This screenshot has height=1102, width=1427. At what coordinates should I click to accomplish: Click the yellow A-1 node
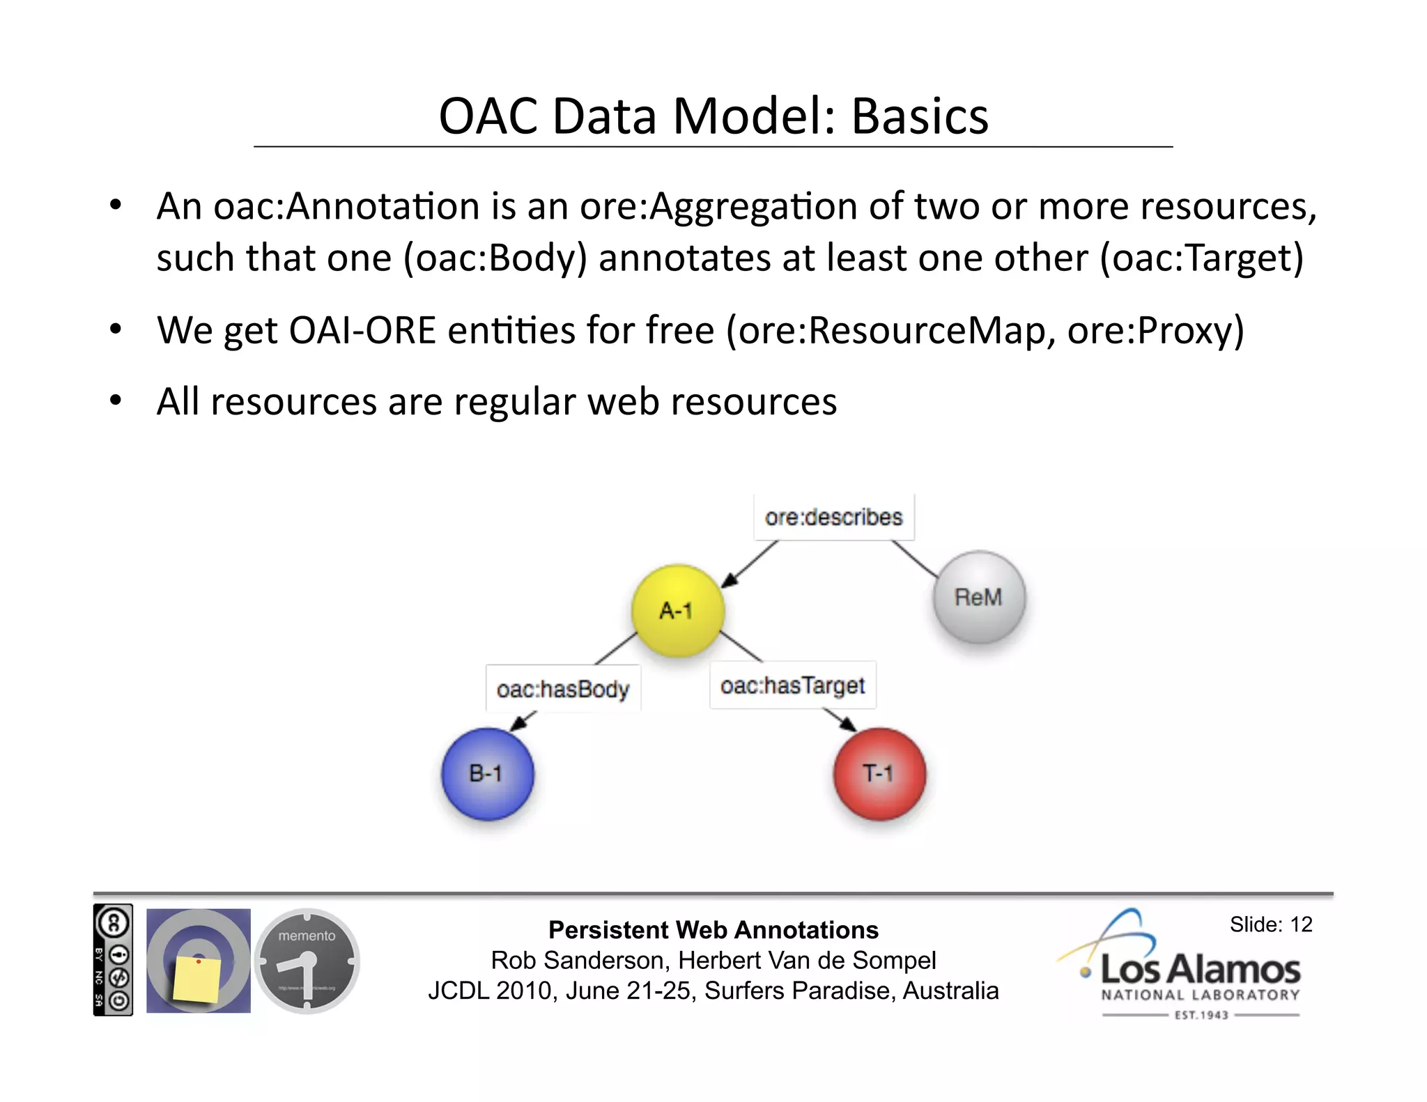[x=677, y=611]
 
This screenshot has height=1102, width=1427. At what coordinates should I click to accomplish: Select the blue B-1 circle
[x=487, y=773]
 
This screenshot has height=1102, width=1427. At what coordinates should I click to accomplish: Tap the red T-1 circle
[x=879, y=773]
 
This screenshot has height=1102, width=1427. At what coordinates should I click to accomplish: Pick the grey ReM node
[x=979, y=597]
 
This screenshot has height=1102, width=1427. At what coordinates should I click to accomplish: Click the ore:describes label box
[x=833, y=517]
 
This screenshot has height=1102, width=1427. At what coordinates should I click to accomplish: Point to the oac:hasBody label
[x=563, y=689]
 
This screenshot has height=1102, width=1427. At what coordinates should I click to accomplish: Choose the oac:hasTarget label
[x=792, y=685]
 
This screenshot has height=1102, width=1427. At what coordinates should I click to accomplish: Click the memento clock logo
[x=307, y=961]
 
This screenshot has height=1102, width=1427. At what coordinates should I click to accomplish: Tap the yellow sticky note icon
[x=197, y=979]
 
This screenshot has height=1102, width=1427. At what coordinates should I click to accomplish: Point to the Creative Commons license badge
[x=113, y=960]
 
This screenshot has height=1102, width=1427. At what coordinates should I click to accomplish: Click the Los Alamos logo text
[x=1200, y=970]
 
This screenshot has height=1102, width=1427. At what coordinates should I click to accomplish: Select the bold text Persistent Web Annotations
[x=713, y=930]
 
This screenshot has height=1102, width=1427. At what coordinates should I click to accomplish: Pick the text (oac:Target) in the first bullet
[x=1201, y=258]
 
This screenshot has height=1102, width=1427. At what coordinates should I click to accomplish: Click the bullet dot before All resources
[x=116, y=401]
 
